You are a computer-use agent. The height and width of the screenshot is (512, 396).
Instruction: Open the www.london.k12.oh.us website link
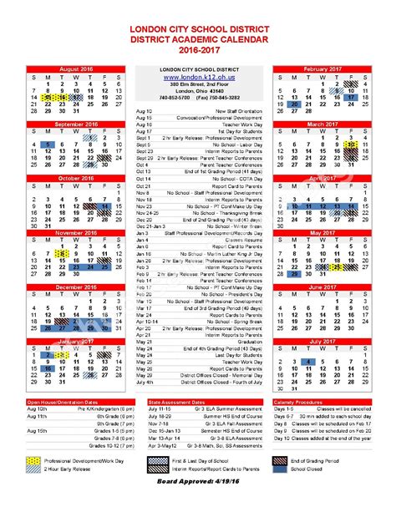coord(198,78)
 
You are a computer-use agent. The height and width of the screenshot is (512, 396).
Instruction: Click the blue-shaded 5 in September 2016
coord(50,144)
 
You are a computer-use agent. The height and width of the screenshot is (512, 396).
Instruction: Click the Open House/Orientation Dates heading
coord(60,403)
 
